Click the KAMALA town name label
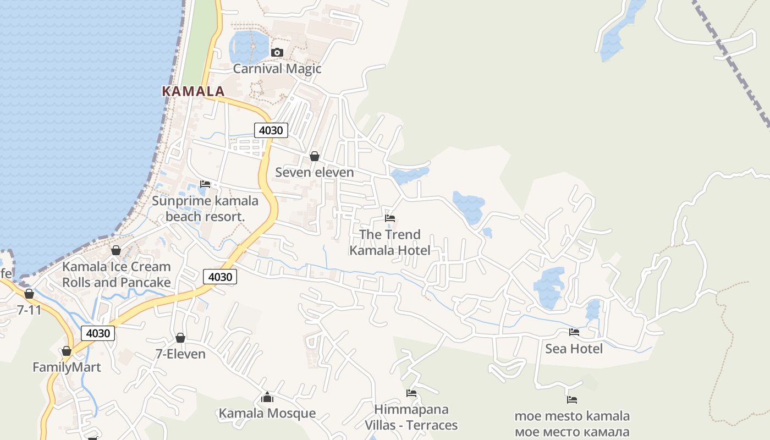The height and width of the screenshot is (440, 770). (x=194, y=91)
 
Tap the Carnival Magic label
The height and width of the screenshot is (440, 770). (x=277, y=69)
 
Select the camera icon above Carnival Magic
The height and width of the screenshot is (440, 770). (x=277, y=52)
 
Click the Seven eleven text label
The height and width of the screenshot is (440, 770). (x=315, y=172)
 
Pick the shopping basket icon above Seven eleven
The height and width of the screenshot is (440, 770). (x=315, y=156)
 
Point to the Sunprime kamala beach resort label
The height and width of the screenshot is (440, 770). (x=205, y=208)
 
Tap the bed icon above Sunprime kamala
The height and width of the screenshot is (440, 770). (x=205, y=184)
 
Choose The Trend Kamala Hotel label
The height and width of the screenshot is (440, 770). (x=390, y=243)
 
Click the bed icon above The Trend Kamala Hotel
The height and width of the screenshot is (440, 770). (x=390, y=218)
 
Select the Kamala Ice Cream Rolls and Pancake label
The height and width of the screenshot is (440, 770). (x=116, y=274)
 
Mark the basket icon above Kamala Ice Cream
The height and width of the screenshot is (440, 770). (x=116, y=250)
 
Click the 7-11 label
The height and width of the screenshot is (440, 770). (x=29, y=310)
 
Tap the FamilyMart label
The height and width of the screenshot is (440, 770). (x=67, y=367)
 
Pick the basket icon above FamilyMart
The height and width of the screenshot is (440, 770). (x=67, y=351)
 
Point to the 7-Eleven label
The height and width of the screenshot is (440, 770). (x=180, y=354)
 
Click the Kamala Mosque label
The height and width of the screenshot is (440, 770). (x=267, y=413)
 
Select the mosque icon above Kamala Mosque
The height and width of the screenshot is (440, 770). (x=267, y=397)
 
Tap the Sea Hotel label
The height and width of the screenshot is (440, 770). (x=574, y=349)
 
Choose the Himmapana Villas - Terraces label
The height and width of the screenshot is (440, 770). (x=411, y=417)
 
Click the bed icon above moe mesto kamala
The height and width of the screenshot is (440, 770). (x=572, y=400)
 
